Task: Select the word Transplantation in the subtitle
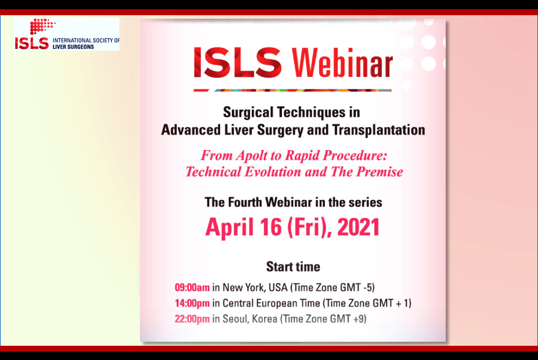point(379,130)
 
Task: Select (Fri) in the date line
point(302,227)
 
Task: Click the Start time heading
point(293,267)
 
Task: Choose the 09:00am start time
point(192,287)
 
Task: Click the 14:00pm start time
point(192,303)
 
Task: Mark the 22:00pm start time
point(192,319)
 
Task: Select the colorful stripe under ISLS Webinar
point(293,90)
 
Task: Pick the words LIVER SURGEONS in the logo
point(73,46)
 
